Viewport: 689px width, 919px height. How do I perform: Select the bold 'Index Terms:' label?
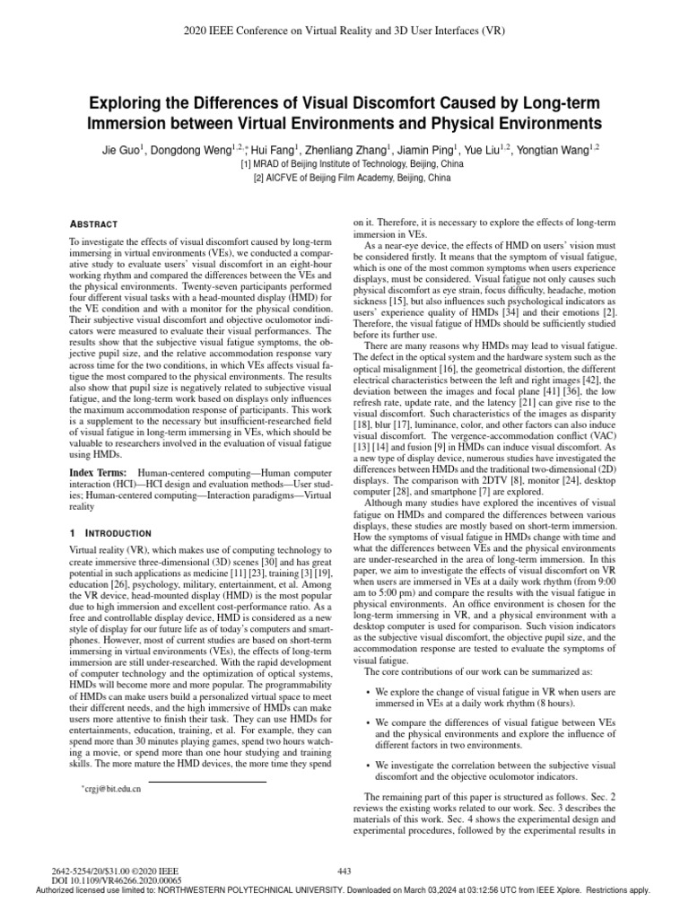(x=97, y=473)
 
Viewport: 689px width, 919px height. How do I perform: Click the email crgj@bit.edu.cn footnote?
(x=111, y=788)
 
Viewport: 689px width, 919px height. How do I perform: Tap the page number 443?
(x=344, y=871)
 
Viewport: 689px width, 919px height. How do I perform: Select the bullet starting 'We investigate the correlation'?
(x=494, y=772)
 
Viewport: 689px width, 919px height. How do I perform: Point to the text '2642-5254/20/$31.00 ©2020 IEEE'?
(x=117, y=871)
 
